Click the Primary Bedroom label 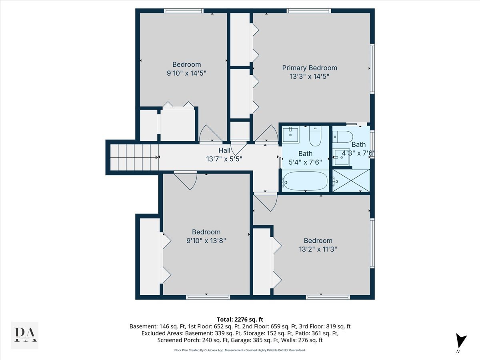pos(310,68)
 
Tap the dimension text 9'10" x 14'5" pos(186,73)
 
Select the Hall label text pos(224,150)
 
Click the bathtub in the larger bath pos(305,181)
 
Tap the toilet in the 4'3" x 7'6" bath pos(343,137)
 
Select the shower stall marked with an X pos(351,180)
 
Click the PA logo pos(24,335)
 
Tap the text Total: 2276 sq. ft pos(240,319)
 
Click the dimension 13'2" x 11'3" pos(318,249)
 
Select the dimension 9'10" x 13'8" pos(206,240)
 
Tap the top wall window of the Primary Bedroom pos(308,11)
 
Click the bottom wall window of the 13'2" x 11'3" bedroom pos(328,297)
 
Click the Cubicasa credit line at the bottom pos(240,350)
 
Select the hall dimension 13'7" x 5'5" pos(224,158)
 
